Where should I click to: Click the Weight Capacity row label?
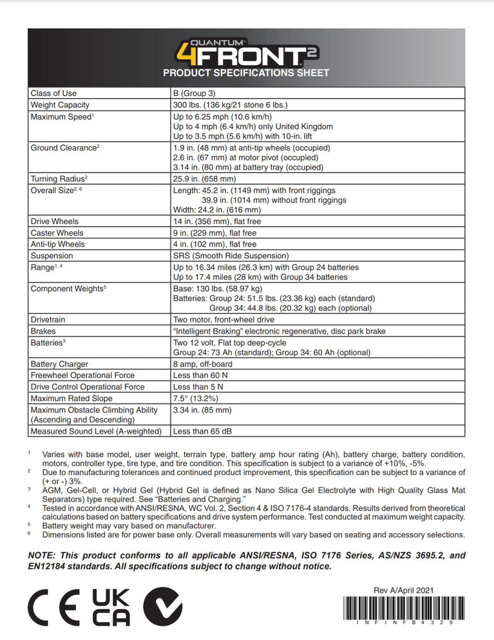60,105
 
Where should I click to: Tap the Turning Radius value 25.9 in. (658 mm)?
205,179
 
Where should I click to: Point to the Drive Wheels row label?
55,221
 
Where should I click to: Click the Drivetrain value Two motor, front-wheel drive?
223,320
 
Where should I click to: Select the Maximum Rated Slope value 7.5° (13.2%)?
199,399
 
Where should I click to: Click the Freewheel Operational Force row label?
82,375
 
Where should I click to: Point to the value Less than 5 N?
199,387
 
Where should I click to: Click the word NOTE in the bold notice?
43,556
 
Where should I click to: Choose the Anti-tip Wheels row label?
57,245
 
